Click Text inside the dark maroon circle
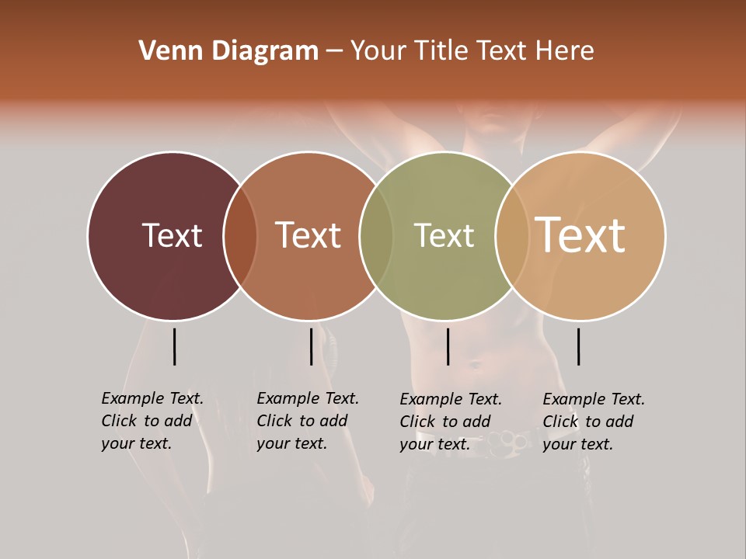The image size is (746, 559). tap(172, 235)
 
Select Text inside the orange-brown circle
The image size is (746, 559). tap(308, 235)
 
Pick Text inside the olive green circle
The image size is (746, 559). tap(444, 235)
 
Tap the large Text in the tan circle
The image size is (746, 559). tap(580, 234)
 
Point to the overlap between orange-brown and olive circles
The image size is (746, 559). tap(375, 236)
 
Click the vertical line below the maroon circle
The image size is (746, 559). tap(174, 346)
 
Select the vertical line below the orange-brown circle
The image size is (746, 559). tap(311, 346)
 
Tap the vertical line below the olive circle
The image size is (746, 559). tap(448, 346)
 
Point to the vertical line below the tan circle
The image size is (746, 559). tap(578, 346)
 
